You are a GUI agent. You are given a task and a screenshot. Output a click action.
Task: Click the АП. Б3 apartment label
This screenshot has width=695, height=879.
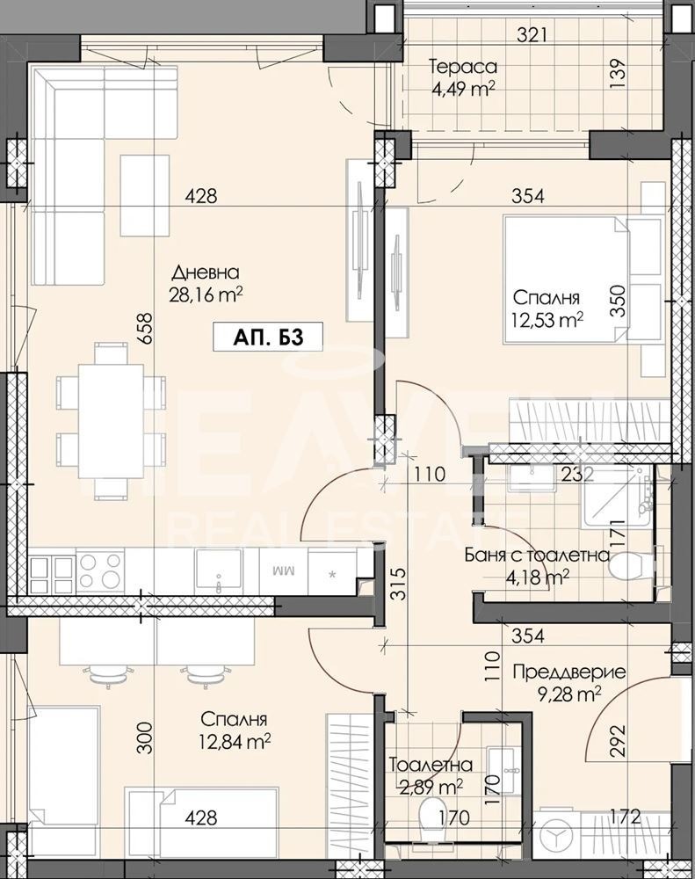[268, 337]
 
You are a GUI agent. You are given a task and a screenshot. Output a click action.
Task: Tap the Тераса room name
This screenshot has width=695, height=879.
[463, 67]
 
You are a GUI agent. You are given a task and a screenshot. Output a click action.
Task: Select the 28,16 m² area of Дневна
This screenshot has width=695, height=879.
[206, 294]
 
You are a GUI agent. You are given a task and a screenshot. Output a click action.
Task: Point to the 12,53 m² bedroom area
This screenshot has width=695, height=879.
[547, 320]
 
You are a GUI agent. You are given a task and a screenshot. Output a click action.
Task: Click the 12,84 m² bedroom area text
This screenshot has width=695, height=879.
[235, 743]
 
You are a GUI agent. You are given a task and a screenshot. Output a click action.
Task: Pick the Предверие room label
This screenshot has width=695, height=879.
[568, 672]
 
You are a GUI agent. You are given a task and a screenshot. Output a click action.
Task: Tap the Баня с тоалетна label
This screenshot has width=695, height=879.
[537, 555]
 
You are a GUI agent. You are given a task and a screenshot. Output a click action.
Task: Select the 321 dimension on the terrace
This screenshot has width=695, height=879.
[532, 36]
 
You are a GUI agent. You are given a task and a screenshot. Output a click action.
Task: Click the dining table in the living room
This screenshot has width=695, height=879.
[111, 421]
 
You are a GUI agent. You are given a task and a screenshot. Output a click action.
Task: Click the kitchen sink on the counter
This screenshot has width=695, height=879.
[219, 570]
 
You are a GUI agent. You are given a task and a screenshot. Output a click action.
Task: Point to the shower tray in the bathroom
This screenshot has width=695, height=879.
[616, 498]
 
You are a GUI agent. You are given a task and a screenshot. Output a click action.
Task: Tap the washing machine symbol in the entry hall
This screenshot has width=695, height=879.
[556, 837]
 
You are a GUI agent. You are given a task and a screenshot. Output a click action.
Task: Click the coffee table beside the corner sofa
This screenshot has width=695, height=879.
[145, 195]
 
